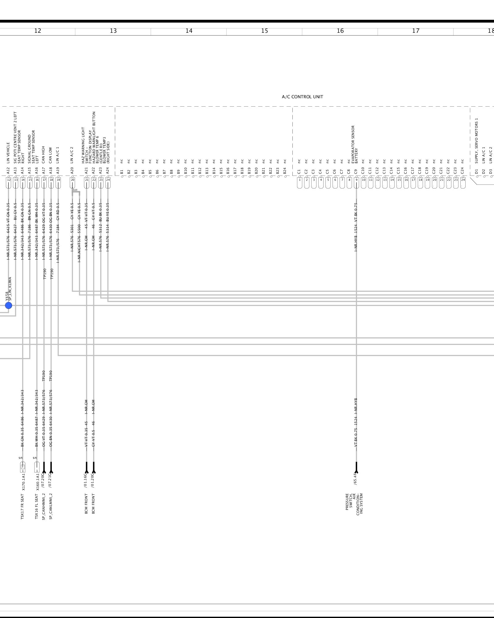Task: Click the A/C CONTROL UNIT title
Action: coord(302,97)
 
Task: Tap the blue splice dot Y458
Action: coord(9,305)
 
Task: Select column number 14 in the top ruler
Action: coord(189,31)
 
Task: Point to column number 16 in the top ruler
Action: coord(340,31)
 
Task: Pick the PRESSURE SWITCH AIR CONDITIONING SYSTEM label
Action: coord(354,504)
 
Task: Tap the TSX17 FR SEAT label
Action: coord(23,507)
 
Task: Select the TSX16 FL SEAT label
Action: coord(36,507)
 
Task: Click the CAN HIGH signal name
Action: coord(44,154)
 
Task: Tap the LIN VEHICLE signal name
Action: coord(8,153)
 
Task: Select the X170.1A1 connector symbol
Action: coord(23,467)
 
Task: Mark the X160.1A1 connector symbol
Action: coord(37,467)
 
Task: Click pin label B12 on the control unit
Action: coord(200,171)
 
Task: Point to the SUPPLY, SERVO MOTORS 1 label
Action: coord(476,141)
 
